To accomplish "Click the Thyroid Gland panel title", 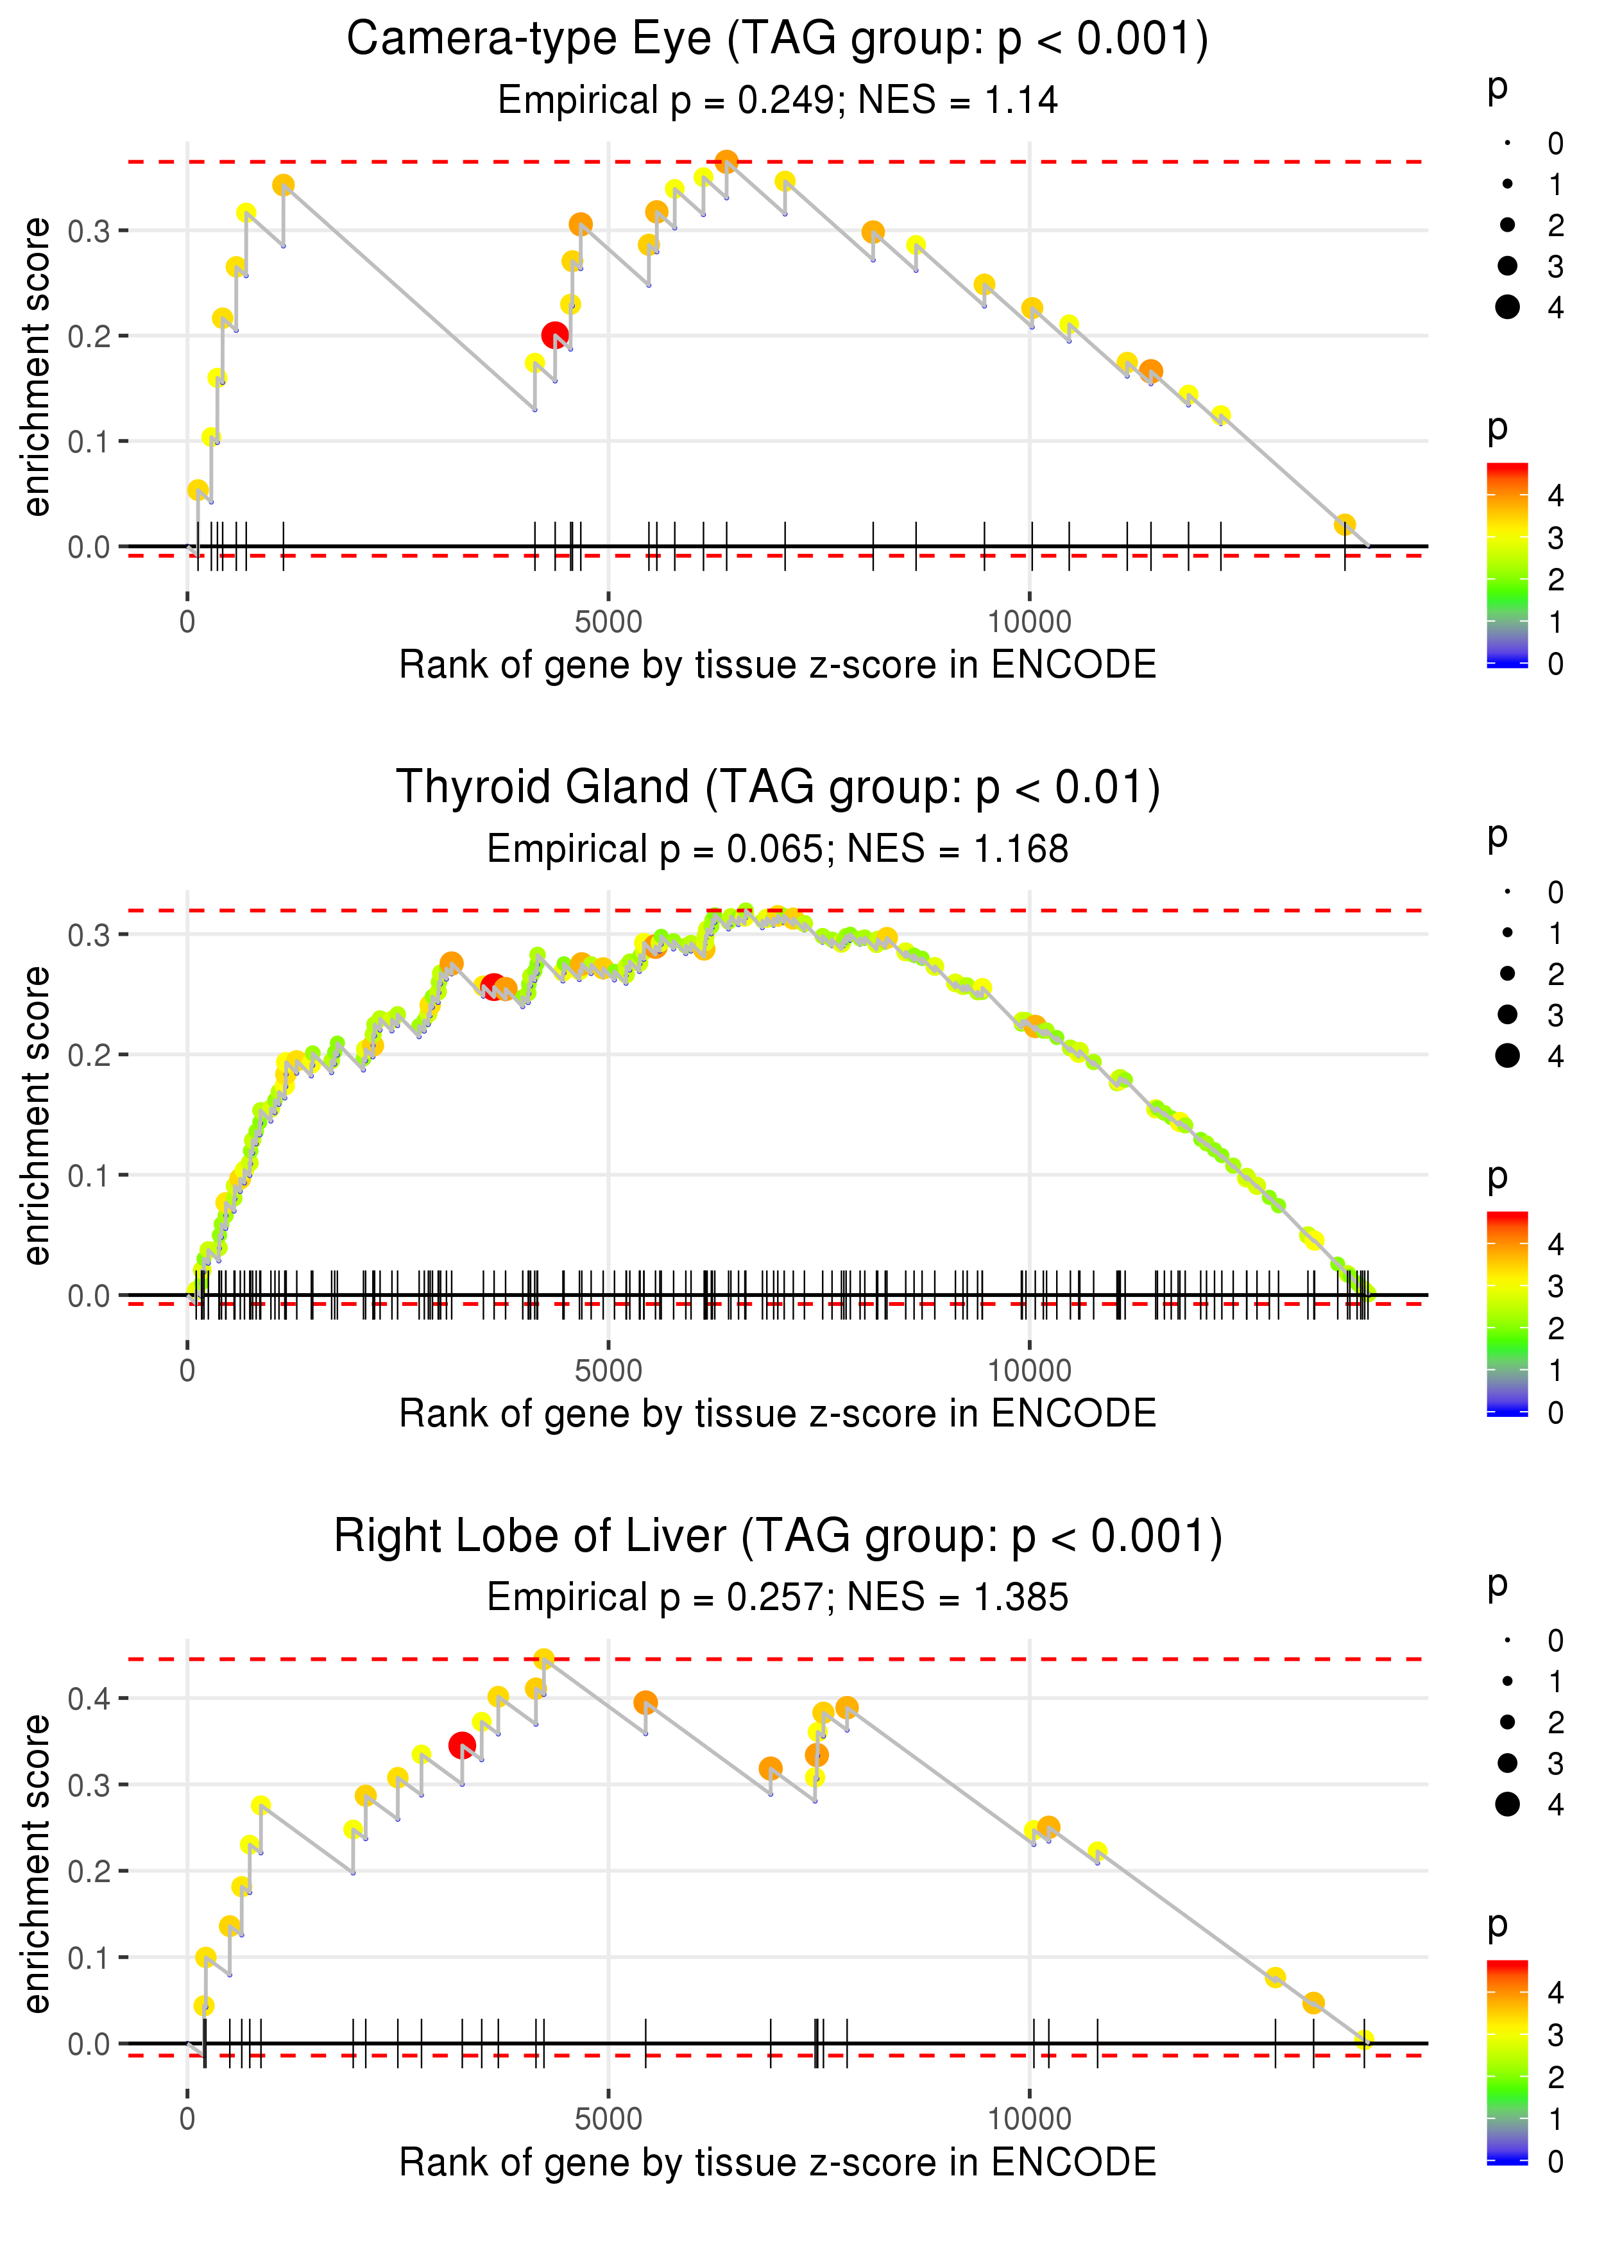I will tap(778, 788).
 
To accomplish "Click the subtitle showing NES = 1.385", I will tap(778, 1597).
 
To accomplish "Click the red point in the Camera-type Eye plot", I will tap(555, 336).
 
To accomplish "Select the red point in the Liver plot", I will tap(461, 1745).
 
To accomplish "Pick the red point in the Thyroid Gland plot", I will tap(493, 986).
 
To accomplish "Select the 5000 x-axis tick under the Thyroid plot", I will tap(608, 1371).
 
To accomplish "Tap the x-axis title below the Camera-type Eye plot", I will tap(778, 665).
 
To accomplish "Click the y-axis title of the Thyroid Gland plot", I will tap(37, 1115).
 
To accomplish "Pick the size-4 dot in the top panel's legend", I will tap(1507, 307).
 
